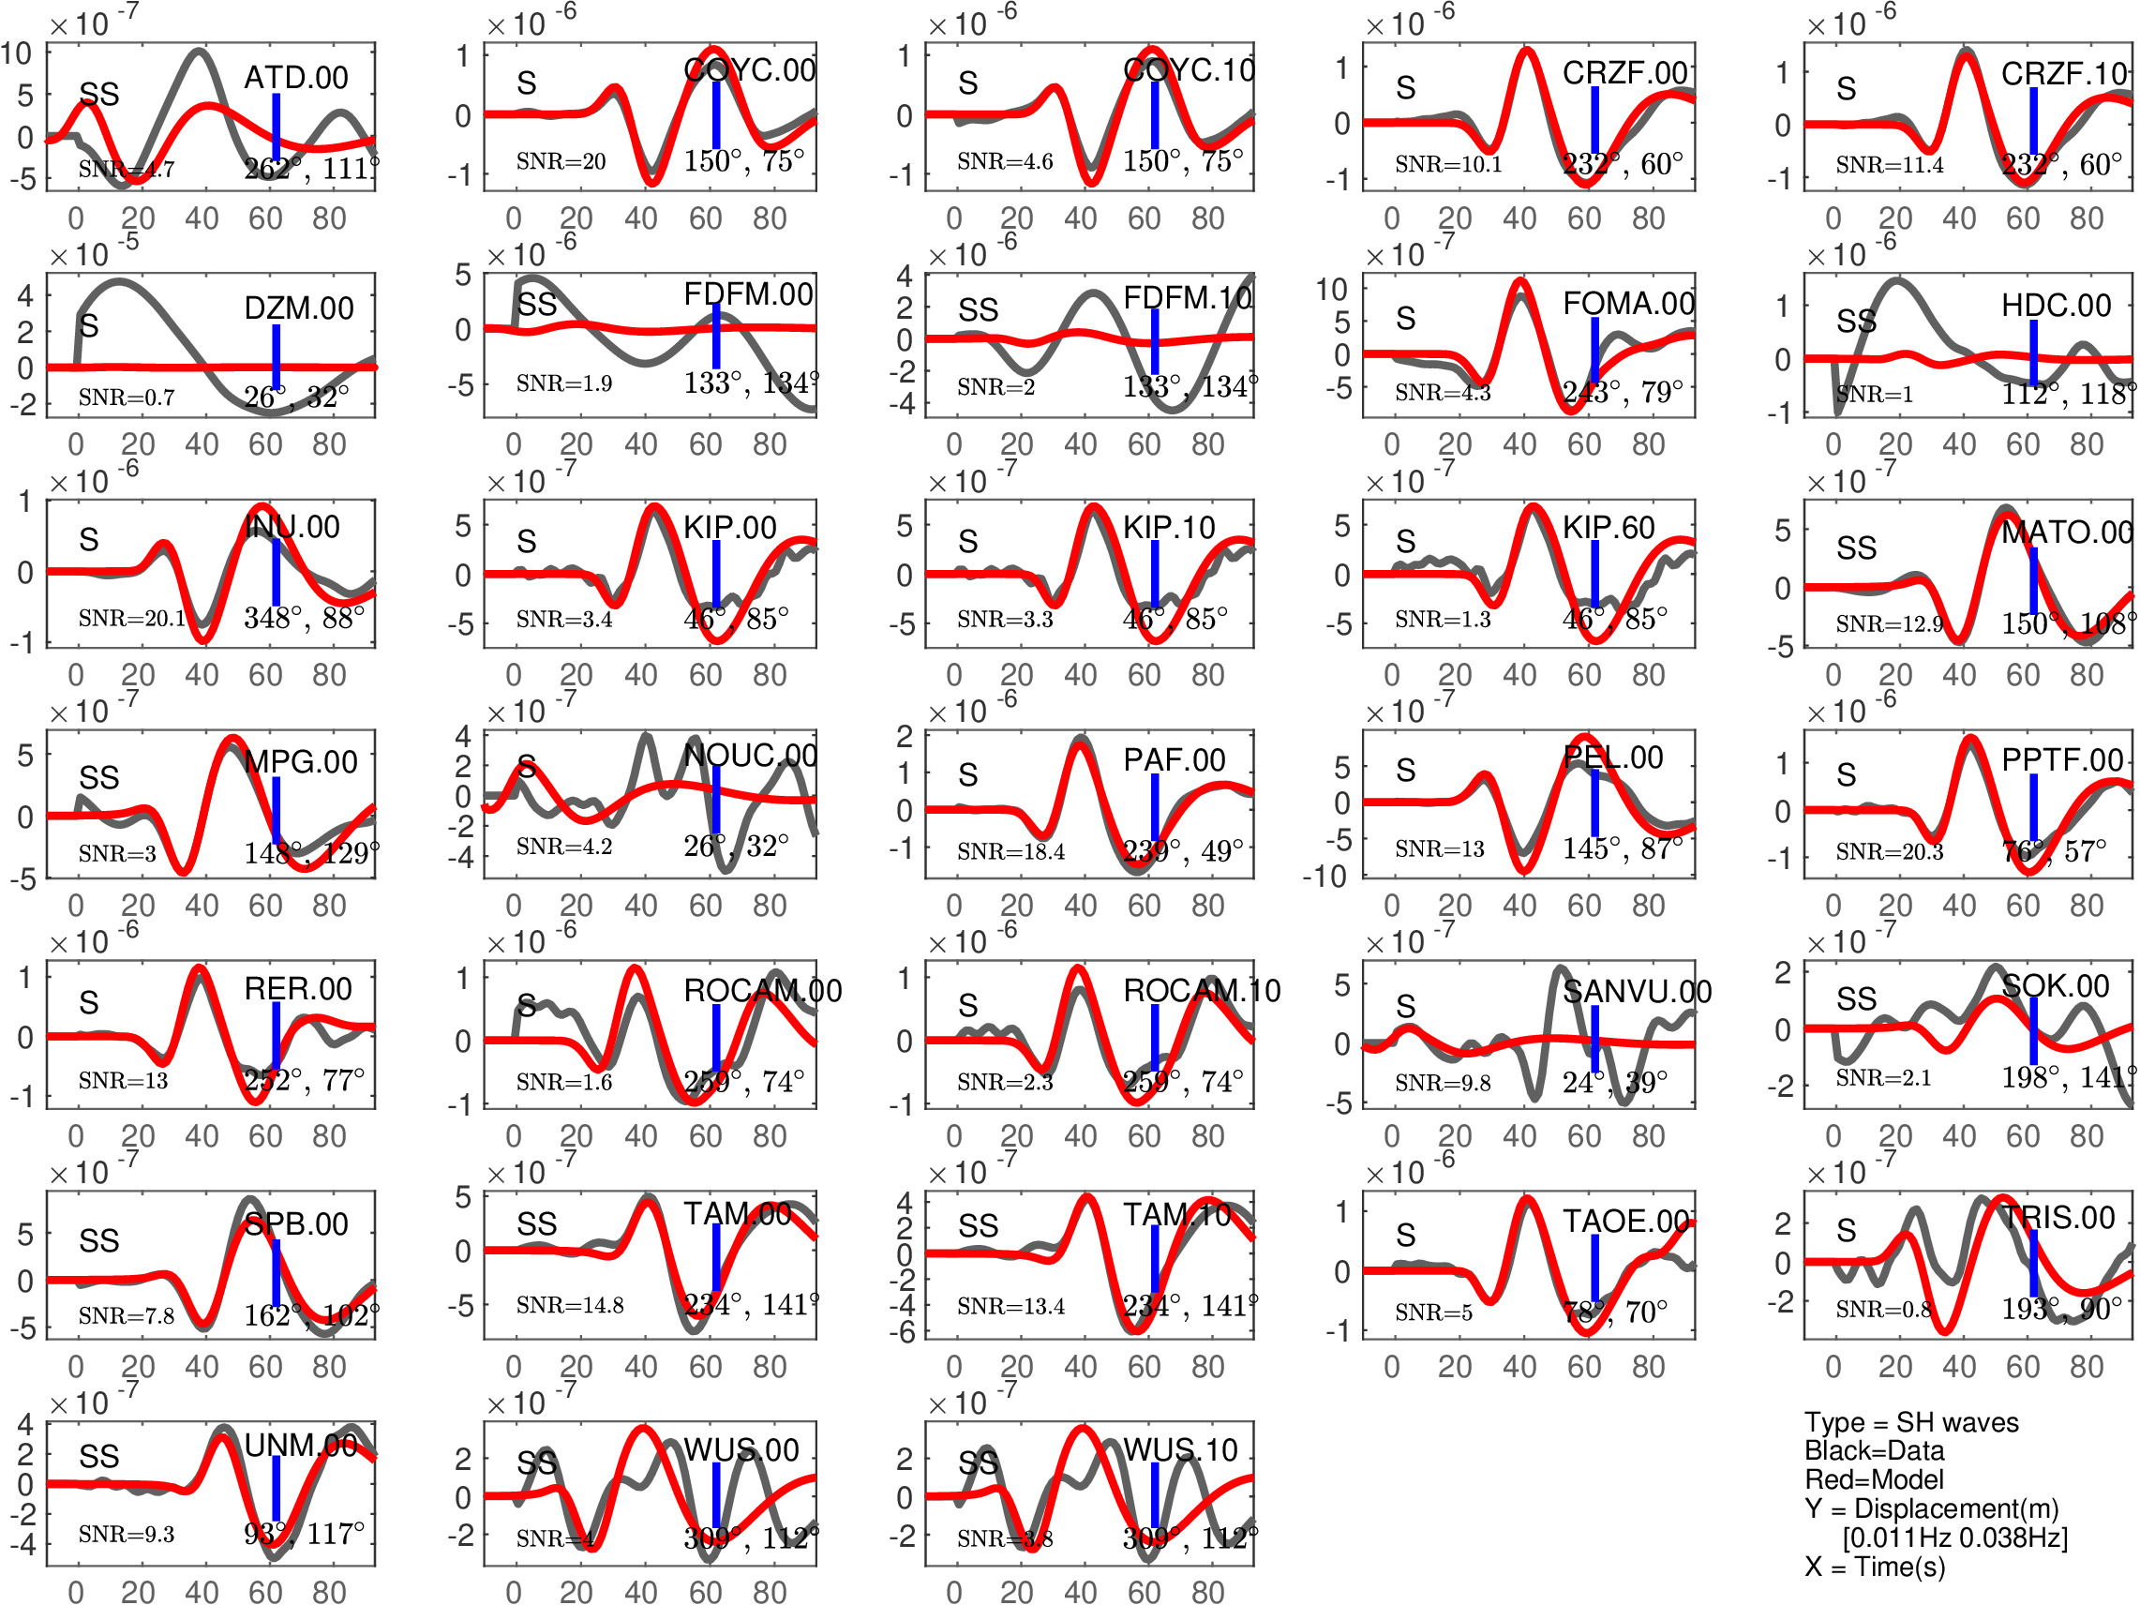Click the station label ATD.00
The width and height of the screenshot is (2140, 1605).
pos(295,78)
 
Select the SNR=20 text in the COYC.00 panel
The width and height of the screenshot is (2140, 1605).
pos(561,161)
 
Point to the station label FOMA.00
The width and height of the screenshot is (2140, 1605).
pos(1628,304)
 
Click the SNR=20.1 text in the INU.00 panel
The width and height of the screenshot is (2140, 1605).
pos(131,618)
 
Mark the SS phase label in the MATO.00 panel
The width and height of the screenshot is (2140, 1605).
pos(1856,548)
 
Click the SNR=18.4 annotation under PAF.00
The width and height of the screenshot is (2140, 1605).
pos(1010,851)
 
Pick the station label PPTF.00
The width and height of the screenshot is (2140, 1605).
pos(2061,760)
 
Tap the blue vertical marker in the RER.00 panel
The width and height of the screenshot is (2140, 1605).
pos(277,1034)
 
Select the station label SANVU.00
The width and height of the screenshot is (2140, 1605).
pos(1637,992)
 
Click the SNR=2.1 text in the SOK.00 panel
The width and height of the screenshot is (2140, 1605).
pos(1882,1078)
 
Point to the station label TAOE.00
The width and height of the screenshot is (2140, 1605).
pos(1626,1221)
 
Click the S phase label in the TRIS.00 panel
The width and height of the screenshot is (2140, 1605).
pos(1846,1231)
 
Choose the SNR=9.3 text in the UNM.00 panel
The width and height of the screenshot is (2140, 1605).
pos(126,1535)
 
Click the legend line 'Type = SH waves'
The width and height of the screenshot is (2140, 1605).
pos(1910,1422)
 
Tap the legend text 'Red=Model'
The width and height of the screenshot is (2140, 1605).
pos(1873,1479)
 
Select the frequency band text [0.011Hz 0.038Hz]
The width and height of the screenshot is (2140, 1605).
pos(1954,1537)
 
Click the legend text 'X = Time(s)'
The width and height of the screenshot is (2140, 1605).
pos(1874,1567)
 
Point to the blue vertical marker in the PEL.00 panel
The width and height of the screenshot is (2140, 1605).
pos(1594,803)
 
